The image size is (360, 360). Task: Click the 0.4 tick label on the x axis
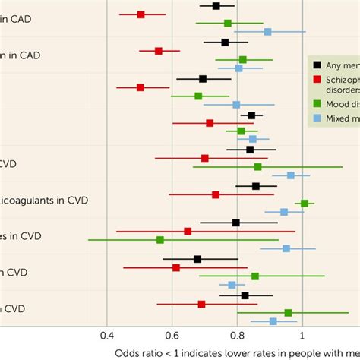pyautogui.click(x=106, y=335)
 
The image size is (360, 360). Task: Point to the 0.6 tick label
pyautogui.click(x=172, y=335)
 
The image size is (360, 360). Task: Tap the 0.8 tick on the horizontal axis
pyautogui.click(x=237, y=335)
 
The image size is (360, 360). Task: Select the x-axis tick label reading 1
pyautogui.click(x=302, y=335)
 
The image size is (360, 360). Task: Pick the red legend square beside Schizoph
pyautogui.click(x=317, y=81)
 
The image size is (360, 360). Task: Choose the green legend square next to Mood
pyautogui.click(x=317, y=103)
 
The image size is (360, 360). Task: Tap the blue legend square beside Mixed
pyautogui.click(x=317, y=118)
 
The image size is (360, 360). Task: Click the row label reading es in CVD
pyautogui.click(x=21, y=236)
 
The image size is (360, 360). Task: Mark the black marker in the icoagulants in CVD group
pyautogui.click(x=256, y=186)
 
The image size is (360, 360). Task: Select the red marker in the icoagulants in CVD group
pyautogui.click(x=216, y=195)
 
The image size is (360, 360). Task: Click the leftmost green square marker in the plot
pyautogui.click(x=160, y=240)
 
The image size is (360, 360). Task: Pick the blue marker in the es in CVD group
pyautogui.click(x=286, y=248)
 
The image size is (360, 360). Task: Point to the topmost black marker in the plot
pyautogui.click(x=216, y=6)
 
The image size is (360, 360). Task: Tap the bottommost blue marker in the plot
pyautogui.click(x=273, y=321)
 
